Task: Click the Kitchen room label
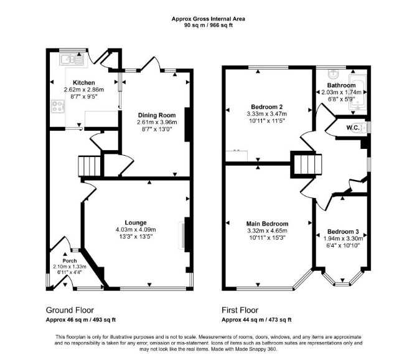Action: point(84,83)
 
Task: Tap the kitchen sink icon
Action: point(72,59)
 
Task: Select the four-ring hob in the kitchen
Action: point(58,107)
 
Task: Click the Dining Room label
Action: point(157,115)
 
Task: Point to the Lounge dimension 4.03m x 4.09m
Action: point(136,230)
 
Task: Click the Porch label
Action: point(70,261)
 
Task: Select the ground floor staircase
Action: point(89,166)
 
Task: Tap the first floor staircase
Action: point(307,164)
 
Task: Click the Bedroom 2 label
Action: point(267,107)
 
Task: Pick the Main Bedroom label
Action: point(267,224)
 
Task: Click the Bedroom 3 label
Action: point(343,232)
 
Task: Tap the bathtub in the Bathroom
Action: point(358,92)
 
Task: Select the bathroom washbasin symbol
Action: point(333,74)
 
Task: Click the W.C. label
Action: point(353,128)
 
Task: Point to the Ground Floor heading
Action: point(70,310)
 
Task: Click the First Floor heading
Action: point(240,310)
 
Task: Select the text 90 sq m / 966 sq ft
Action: point(208,26)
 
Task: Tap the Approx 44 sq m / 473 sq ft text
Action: point(256,320)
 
